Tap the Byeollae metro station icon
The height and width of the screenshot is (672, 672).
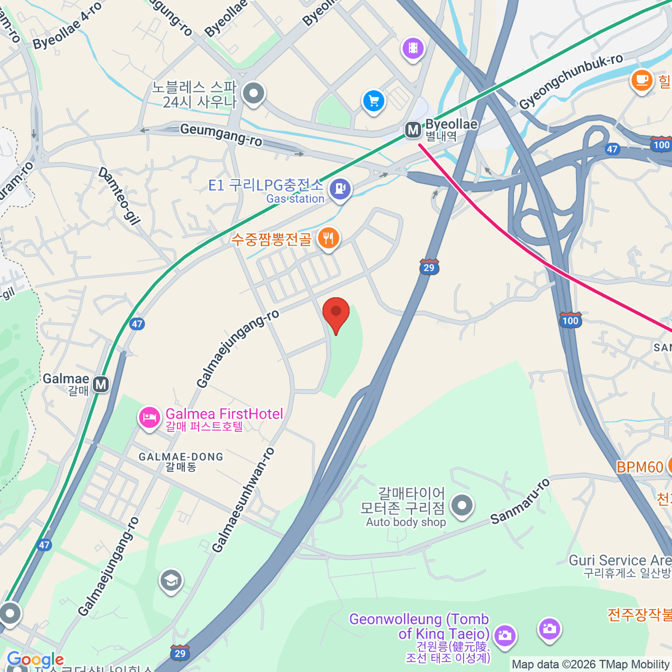(413, 130)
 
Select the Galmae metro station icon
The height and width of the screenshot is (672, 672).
(101, 385)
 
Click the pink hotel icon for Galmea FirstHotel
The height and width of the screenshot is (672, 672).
(150, 417)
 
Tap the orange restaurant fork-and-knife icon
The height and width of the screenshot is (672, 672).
(328, 239)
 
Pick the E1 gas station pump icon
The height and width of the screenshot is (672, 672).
(340, 189)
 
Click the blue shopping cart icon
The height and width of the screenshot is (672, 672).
(374, 101)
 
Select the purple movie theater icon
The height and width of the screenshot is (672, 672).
(413, 48)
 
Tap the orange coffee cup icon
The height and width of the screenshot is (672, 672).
(642, 80)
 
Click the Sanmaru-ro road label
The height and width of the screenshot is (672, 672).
(520, 501)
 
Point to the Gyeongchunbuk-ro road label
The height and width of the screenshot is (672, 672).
(571, 82)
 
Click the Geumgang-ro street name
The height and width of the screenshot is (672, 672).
(221, 135)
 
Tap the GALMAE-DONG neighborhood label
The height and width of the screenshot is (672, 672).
(181, 457)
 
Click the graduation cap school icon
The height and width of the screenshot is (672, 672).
(171, 581)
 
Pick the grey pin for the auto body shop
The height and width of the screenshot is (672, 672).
(462, 505)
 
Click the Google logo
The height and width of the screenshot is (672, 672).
(35, 660)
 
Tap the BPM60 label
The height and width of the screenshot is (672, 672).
(640, 467)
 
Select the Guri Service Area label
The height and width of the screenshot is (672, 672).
(619, 561)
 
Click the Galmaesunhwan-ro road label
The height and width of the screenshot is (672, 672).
(244, 500)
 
